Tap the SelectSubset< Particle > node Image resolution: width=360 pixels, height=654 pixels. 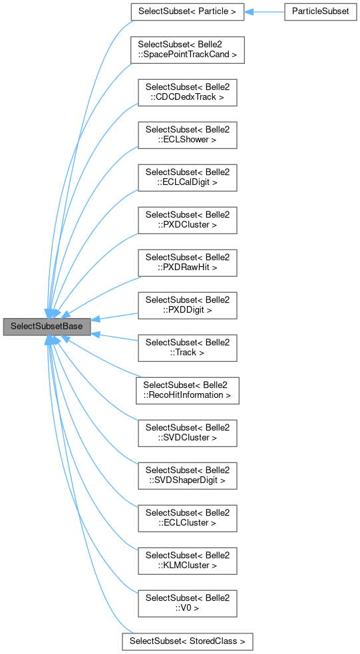pos(187,11)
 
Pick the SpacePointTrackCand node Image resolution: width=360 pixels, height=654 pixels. pos(187,49)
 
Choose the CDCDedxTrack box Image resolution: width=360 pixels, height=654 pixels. pos(187,92)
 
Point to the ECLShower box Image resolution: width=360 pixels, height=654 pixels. pos(187,134)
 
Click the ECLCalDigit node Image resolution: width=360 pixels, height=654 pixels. pos(187,177)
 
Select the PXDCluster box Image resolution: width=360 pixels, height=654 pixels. pos(187,220)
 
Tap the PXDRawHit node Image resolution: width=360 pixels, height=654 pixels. pos(187,262)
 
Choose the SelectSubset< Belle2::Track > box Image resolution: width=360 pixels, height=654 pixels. pos(187,347)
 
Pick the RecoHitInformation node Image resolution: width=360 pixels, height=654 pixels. pos(187,390)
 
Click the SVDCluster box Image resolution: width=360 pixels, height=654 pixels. pos(187,432)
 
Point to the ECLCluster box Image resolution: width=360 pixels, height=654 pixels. pos(187,518)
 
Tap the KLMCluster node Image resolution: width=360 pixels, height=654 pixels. pos(187,560)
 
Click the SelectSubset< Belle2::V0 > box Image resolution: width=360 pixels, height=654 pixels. pos(187,603)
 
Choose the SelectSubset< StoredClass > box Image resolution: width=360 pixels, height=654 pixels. pos(187,641)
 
